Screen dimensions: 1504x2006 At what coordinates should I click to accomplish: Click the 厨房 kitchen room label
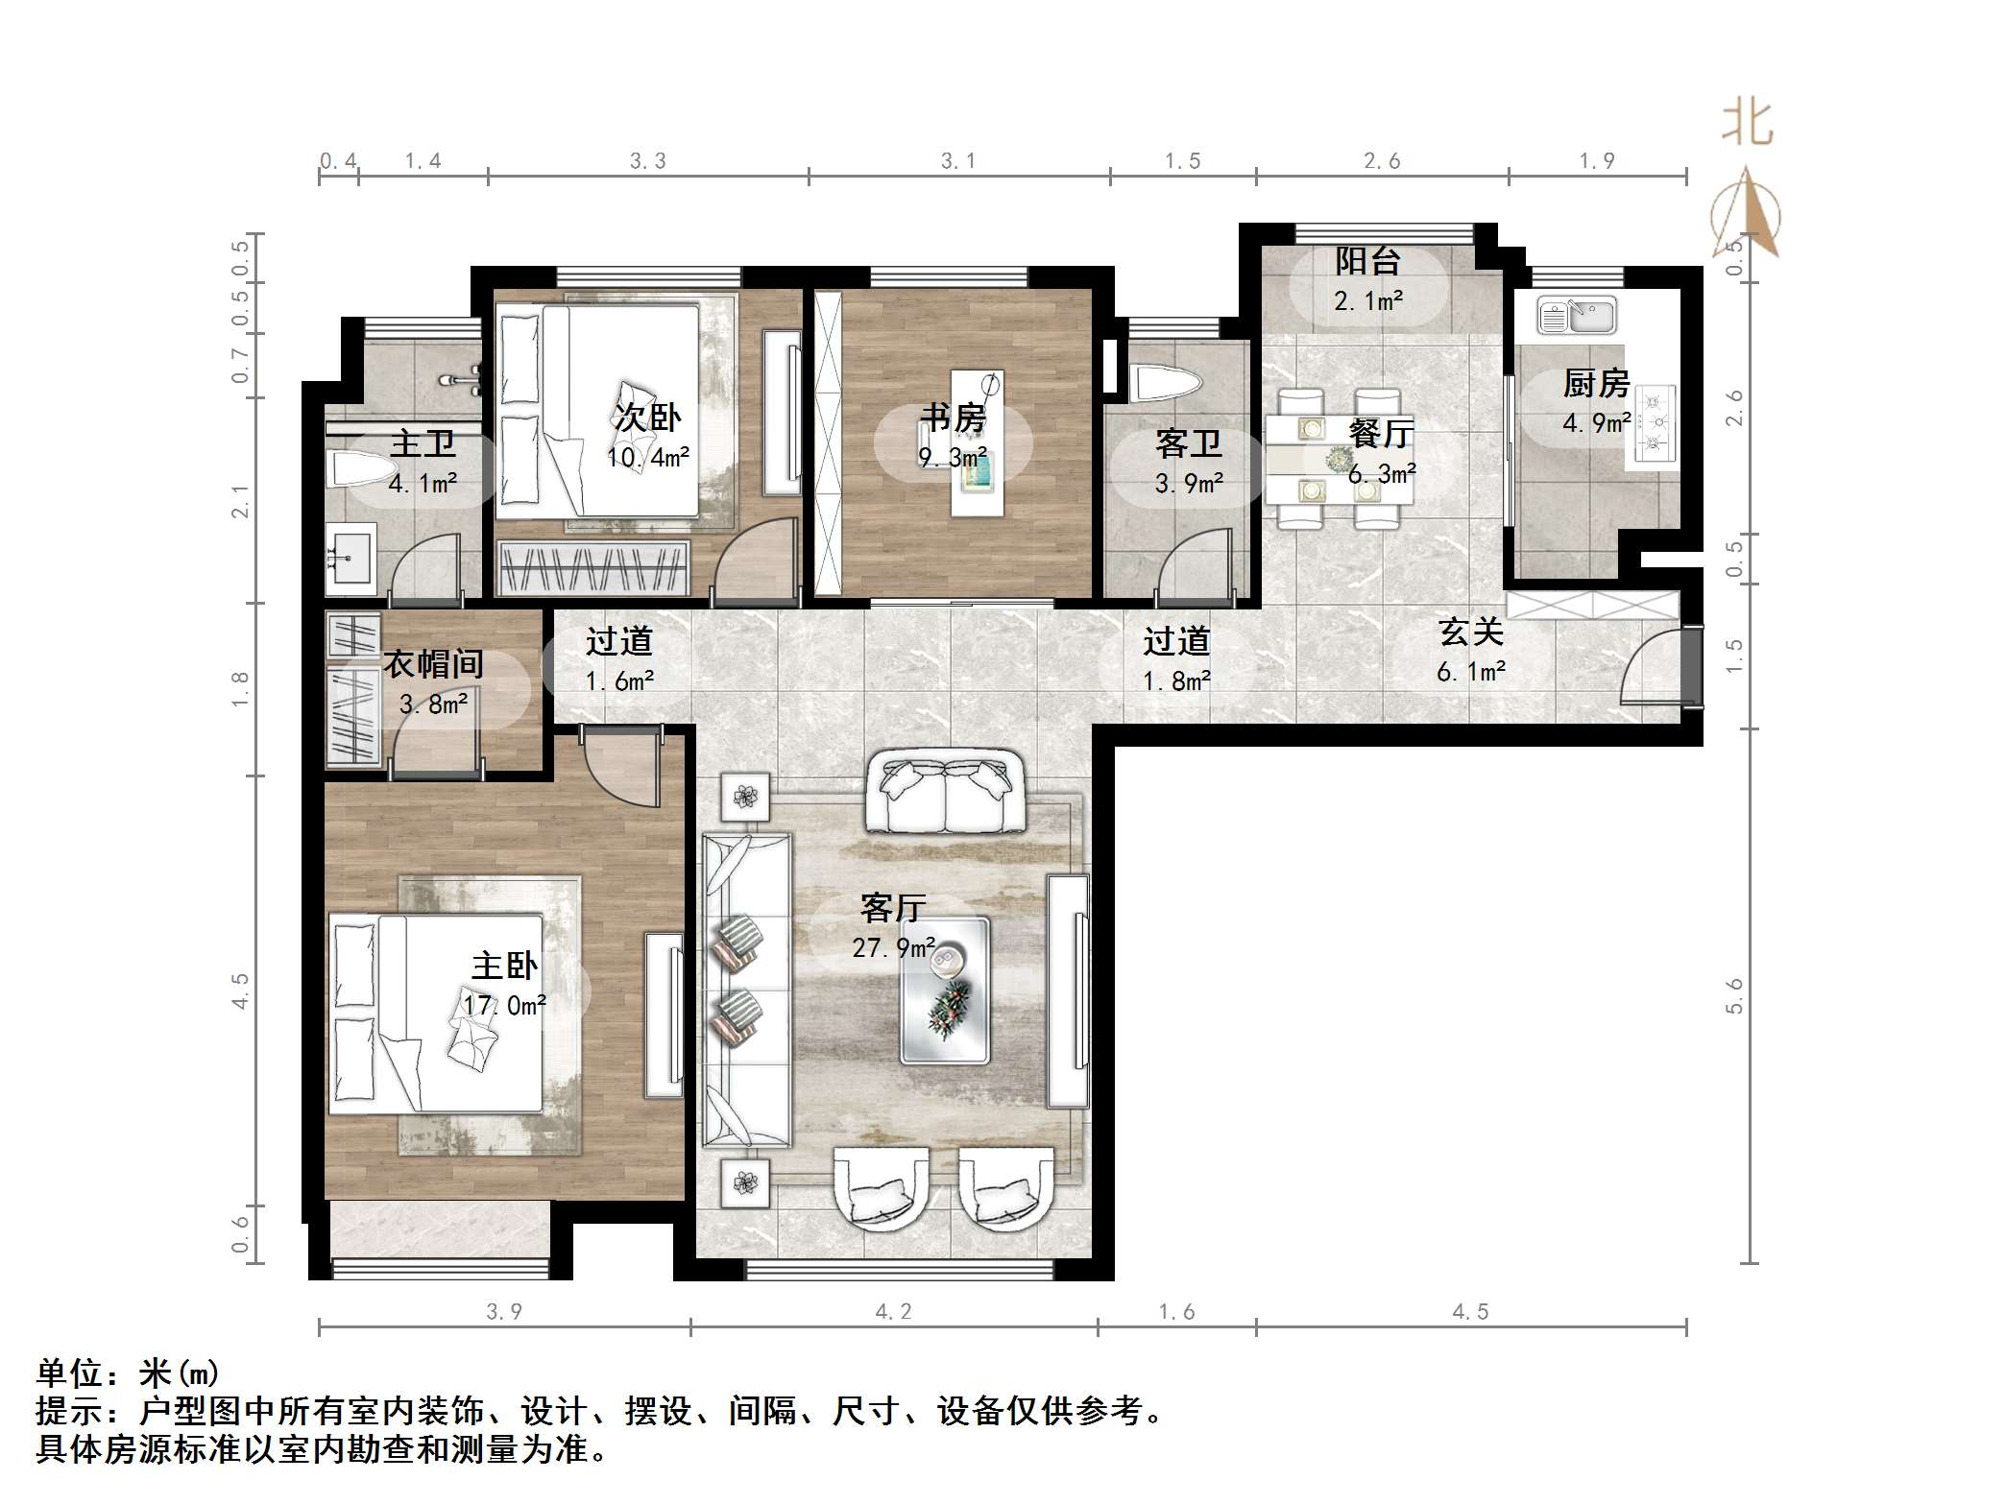click(1596, 384)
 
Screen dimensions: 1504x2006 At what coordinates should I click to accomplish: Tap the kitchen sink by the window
click(1576, 315)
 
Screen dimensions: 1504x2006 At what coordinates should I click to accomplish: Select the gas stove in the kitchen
click(1652, 422)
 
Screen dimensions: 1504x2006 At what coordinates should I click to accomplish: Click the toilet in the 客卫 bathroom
click(1166, 383)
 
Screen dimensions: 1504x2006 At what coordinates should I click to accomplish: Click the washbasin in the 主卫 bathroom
click(350, 557)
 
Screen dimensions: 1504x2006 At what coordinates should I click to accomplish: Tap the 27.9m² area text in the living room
click(893, 948)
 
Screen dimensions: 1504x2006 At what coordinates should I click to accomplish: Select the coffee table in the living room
click(944, 991)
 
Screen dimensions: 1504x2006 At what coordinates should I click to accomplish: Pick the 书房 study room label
click(953, 418)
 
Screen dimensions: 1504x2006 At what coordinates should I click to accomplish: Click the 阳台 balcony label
click(1367, 261)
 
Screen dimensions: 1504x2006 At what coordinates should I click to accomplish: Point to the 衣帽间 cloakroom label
click(433, 663)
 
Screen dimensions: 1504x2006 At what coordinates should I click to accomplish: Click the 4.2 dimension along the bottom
click(893, 1311)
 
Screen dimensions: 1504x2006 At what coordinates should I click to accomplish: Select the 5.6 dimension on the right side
click(1734, 995)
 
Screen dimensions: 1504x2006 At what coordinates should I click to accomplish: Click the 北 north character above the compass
click(1747, 125)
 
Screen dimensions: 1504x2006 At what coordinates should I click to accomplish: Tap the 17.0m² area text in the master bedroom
click(505, 1005)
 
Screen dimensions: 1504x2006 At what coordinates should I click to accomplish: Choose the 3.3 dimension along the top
click(647, 160)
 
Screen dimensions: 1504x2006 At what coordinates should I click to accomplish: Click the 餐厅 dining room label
click(1381, 434)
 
